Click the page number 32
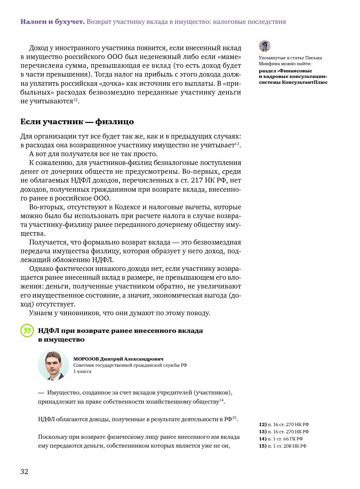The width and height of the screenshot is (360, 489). [x=24, y=471]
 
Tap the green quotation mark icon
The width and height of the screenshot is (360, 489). [x=27, y=331]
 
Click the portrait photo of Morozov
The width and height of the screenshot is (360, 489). [x=53, y=365]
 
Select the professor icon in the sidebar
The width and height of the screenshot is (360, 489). [x=264, y=46]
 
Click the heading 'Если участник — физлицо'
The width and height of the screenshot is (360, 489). [x=77, y=122]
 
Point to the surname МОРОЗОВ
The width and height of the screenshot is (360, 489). [x=86, y=359]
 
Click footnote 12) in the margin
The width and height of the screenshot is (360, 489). [x=284, y=424]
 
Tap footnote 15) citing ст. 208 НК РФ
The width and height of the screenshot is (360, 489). [x=282, y=446]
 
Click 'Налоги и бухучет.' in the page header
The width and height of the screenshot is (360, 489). [x=52, y=22]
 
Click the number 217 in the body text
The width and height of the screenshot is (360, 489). [x=197, y=180]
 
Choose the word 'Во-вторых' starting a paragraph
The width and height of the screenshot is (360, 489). [x=47, y=207]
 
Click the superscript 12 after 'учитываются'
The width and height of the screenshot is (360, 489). [x=75, y=99]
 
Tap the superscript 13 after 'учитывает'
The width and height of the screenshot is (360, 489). [x=237, y=143]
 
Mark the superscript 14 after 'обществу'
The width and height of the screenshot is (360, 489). [x=221, y=400]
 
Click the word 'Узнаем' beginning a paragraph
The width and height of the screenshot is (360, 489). [x=41, y=313]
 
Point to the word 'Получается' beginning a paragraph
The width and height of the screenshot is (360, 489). [x=49, y=242]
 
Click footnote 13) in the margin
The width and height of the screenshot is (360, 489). [x=284, y=432]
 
